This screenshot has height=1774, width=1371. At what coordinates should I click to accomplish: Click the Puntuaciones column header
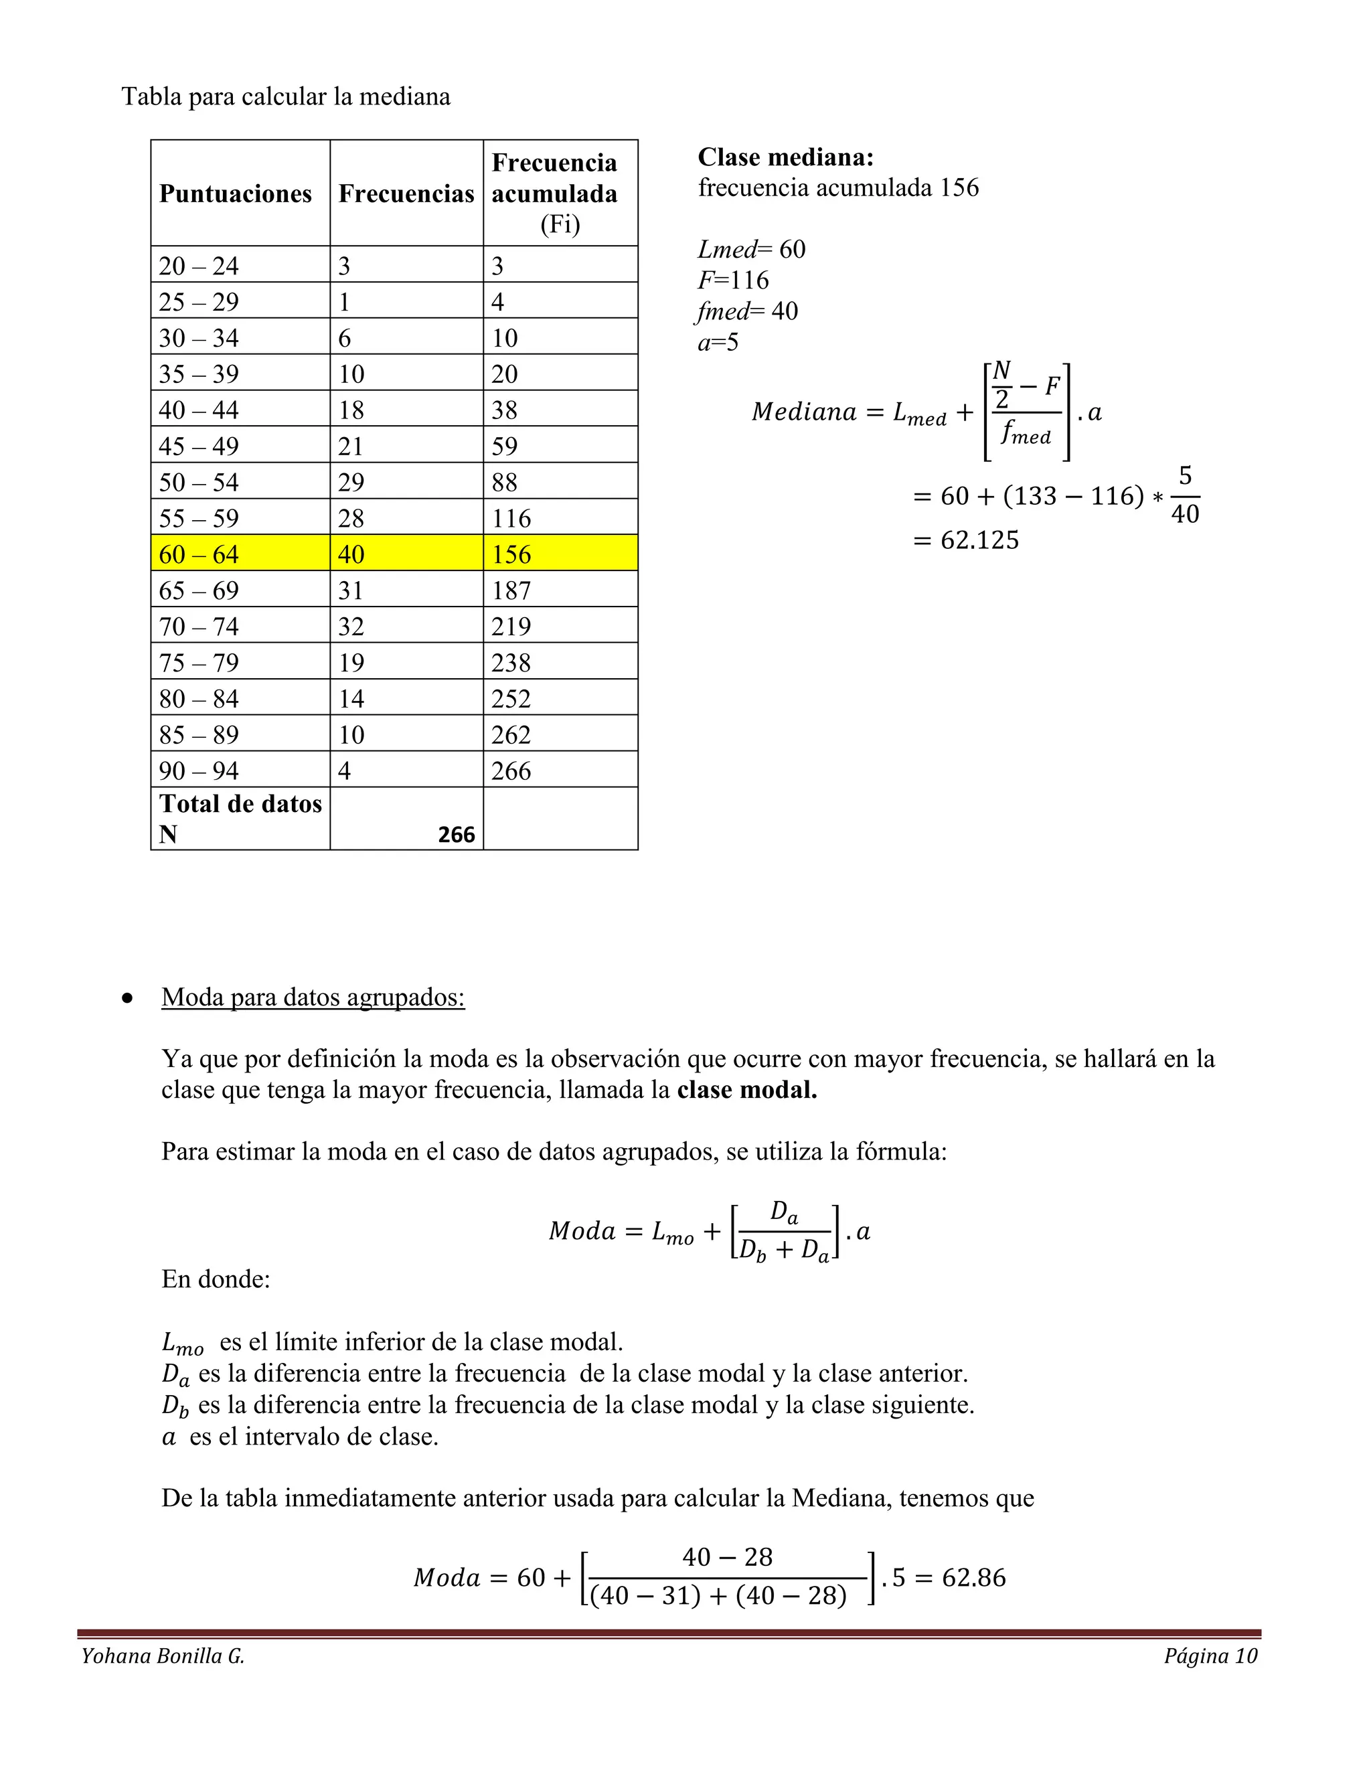pos(236,194)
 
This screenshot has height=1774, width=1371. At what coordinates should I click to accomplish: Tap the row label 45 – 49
pos(199,446)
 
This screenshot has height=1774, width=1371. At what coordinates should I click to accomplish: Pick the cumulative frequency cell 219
pos(511,627)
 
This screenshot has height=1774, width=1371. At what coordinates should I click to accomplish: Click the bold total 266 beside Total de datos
pos(456,835)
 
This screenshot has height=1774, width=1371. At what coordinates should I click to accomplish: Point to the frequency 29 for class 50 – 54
pos(351,483)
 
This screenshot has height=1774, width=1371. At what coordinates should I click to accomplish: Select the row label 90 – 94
pos(199,771)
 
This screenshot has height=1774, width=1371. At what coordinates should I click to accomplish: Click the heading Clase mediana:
pos(785,157)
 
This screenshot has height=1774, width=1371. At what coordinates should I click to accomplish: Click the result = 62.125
pos(967,540)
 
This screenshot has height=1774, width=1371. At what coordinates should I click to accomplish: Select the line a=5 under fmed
pos(718,343)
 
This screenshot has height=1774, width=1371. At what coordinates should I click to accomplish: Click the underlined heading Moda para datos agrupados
pos(313,997)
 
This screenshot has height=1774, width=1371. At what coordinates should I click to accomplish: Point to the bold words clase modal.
pos(746,1090)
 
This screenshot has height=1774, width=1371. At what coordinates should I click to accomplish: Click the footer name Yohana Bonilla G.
pos(163,1656)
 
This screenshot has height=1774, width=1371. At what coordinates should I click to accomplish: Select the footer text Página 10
pos(1210,1656)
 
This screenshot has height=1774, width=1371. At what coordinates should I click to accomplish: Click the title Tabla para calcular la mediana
pos(286,96)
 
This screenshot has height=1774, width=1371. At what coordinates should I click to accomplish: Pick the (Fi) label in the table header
pos(560,224)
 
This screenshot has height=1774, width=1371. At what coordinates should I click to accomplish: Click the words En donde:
pos(216,1279)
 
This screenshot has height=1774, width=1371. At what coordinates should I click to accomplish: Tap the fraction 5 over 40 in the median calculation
pos(1184,495)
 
